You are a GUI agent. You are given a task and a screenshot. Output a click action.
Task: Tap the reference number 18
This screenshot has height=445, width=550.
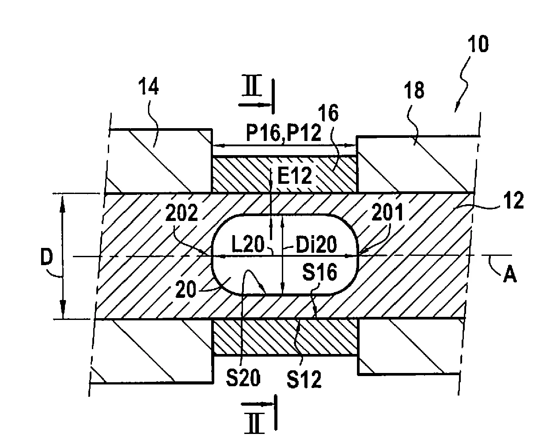click(x=413, y=90)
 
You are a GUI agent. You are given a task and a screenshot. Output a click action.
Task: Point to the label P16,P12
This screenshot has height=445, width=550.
click(x=283, y=133)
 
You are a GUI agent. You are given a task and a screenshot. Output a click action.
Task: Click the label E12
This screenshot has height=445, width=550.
click(x=296, y=177)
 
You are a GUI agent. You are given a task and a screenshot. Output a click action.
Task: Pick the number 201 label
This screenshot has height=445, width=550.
click(x=387, y=213)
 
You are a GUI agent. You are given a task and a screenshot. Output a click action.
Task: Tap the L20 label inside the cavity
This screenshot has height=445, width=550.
click(x=247, y=244)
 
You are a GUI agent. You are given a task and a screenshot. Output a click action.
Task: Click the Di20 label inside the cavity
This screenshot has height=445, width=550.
click(x=311, y=244)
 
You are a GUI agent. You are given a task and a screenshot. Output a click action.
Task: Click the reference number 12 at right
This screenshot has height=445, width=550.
click(x=513, y=201)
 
